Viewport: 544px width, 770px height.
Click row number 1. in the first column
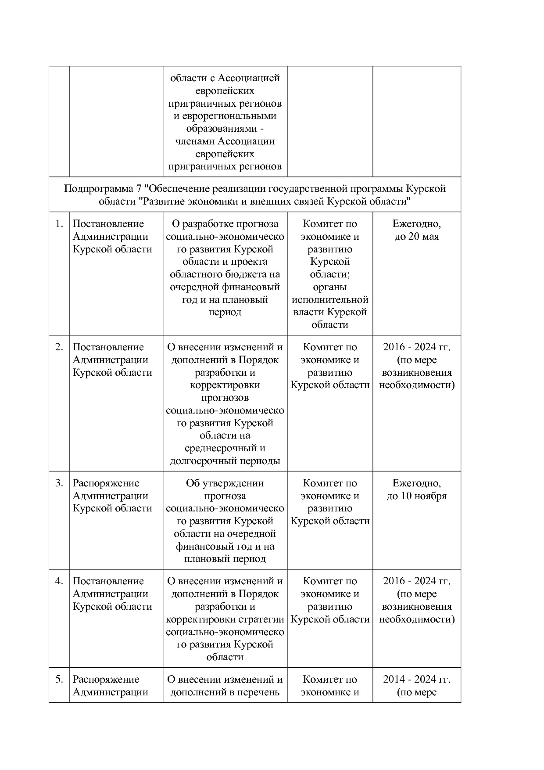[59, 224]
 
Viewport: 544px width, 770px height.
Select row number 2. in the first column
[59, 347]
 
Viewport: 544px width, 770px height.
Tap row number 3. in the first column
[59, 483]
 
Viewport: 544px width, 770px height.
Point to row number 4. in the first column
[59, 581]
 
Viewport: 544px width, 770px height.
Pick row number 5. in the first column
[59, 680]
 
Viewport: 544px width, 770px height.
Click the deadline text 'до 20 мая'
[416, 237]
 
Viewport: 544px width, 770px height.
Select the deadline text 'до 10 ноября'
[416, 496]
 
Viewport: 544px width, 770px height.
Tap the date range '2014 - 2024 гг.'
[416, 680]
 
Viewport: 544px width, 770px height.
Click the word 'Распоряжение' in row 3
[106, 483]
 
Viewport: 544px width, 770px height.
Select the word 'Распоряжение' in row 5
[106, 680]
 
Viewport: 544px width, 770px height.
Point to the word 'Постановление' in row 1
[108, 224]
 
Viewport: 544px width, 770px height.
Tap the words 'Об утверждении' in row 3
[225, 483]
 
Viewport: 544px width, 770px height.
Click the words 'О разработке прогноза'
[225, 224]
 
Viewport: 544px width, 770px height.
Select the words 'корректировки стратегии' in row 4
[225, 619]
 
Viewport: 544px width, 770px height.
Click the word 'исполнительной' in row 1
[330, 300]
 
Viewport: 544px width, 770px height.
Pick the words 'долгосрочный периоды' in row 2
[225, 461]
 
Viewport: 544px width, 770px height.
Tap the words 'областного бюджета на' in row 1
[225, 274]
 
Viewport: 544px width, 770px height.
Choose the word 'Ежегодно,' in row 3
[416, 483]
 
